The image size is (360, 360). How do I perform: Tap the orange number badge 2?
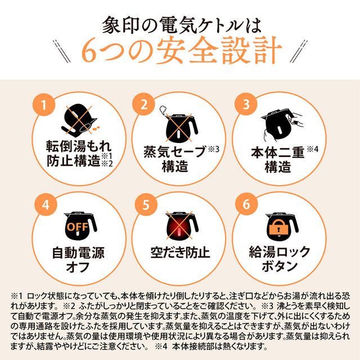(x=145, y=104)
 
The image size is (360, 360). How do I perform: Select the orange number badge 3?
(x=245, y=104)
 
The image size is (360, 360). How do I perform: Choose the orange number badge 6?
(x=245, y=204)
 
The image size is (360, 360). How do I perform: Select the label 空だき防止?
(x=180, y=253)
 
